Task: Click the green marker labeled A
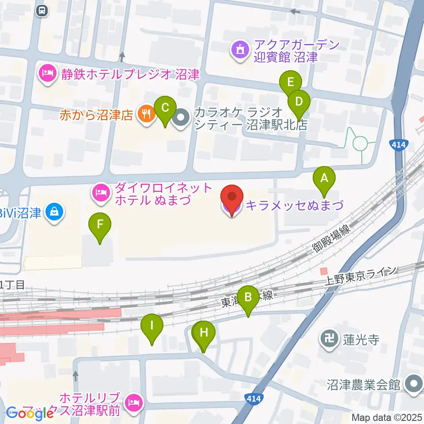[x=324, y=179]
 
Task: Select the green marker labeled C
[x=165, y=108]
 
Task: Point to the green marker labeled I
[x=152, y=327]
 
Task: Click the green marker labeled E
[x=290, y=83]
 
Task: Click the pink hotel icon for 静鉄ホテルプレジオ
[x=47, y=74]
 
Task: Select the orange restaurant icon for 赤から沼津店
[x=146, y=114]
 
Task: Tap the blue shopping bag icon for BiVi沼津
[x=55, y=213]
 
